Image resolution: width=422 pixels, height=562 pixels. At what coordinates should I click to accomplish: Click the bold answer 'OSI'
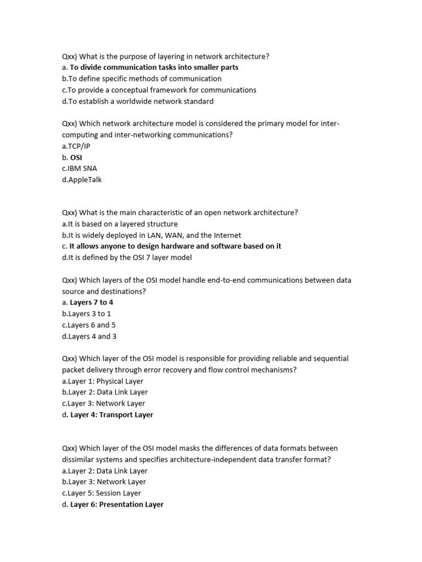[x=76, y=157]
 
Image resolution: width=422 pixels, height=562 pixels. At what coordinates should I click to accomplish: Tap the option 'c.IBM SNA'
[x=80, y=168]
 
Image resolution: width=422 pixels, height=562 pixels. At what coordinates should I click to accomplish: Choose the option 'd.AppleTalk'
[x=82, y=179]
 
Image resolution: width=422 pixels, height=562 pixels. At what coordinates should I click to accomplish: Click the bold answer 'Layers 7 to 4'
[x=91, y=302]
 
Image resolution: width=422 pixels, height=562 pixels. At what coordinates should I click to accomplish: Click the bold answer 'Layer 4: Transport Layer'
[x=112, y=415]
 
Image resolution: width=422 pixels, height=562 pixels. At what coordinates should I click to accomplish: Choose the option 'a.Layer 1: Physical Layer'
[x=103, y=381]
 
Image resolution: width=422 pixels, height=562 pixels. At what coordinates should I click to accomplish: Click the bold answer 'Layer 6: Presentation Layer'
[x=116, y=504]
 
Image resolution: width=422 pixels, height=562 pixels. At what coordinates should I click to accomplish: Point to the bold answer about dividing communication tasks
[x=154, y=68]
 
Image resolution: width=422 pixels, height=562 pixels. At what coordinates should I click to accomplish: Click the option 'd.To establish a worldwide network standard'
[x=138, y=101]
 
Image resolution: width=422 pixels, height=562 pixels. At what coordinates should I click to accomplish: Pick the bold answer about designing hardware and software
[x=175, y=246]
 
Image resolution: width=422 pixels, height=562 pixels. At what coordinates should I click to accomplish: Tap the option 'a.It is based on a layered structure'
[x=120, y=224]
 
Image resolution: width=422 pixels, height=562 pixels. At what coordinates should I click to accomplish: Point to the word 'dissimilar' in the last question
[x=79, y=459]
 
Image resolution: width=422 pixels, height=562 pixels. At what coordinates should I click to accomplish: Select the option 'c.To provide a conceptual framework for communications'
[x=159, y=90]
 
